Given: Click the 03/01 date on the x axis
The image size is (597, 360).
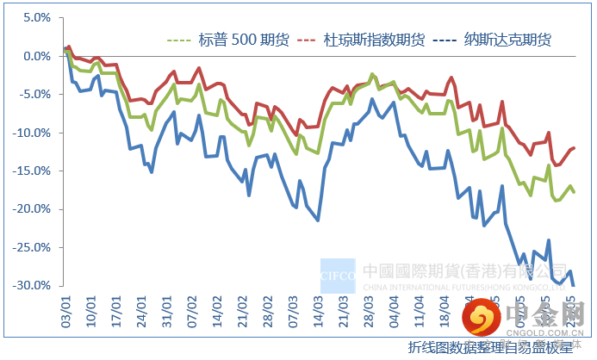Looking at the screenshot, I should [x=64, y=307].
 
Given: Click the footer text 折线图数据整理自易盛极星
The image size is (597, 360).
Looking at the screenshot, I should [x=490, y=347].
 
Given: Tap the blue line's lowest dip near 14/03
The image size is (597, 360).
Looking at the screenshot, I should [x=318, y=220].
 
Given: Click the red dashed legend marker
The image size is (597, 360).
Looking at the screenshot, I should [x=306, y=40].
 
